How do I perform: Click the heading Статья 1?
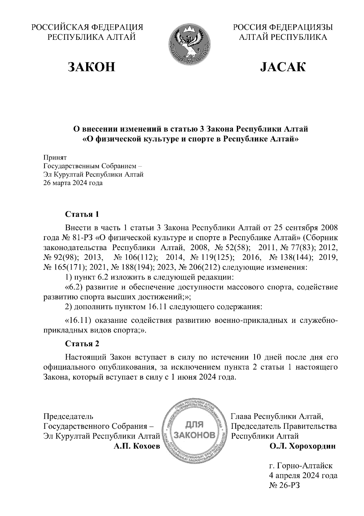[82, 214]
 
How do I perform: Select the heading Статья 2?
[82, 344]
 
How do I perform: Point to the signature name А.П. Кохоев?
[136, 446]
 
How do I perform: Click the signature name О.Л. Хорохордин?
[302, 446]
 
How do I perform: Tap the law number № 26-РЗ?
[284, 485]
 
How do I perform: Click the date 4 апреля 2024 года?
[303, 476]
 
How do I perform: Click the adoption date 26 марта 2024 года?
[73, 183]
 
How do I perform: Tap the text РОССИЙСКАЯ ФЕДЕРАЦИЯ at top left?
[88, 27]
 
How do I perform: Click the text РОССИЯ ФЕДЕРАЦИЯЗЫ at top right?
[283, 27]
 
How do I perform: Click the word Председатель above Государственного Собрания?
[69, 416]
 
